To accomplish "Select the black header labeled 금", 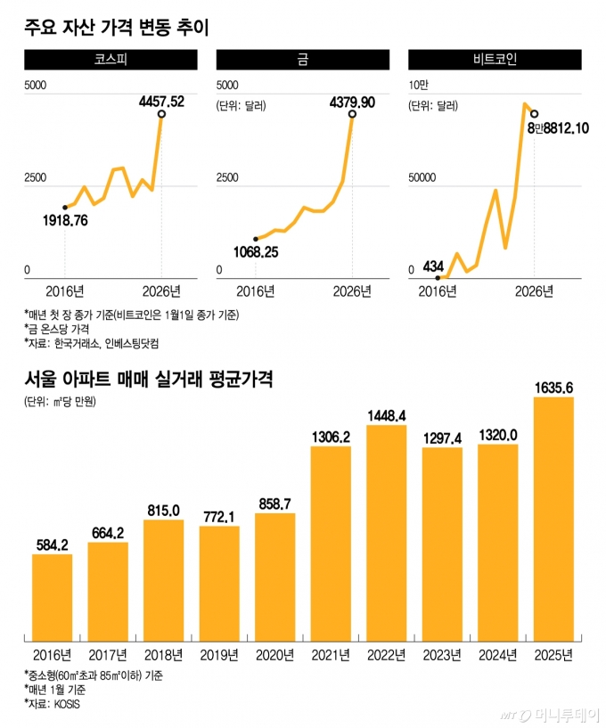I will pos(303,61).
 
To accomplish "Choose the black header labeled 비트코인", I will pos(494,61).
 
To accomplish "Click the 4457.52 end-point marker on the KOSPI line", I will pos(161,114).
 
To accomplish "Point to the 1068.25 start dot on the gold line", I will pos(256,239).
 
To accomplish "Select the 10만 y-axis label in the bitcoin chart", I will pos(419,85).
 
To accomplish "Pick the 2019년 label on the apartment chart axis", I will pos(218,657).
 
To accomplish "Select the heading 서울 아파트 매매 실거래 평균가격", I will pos(148,379).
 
